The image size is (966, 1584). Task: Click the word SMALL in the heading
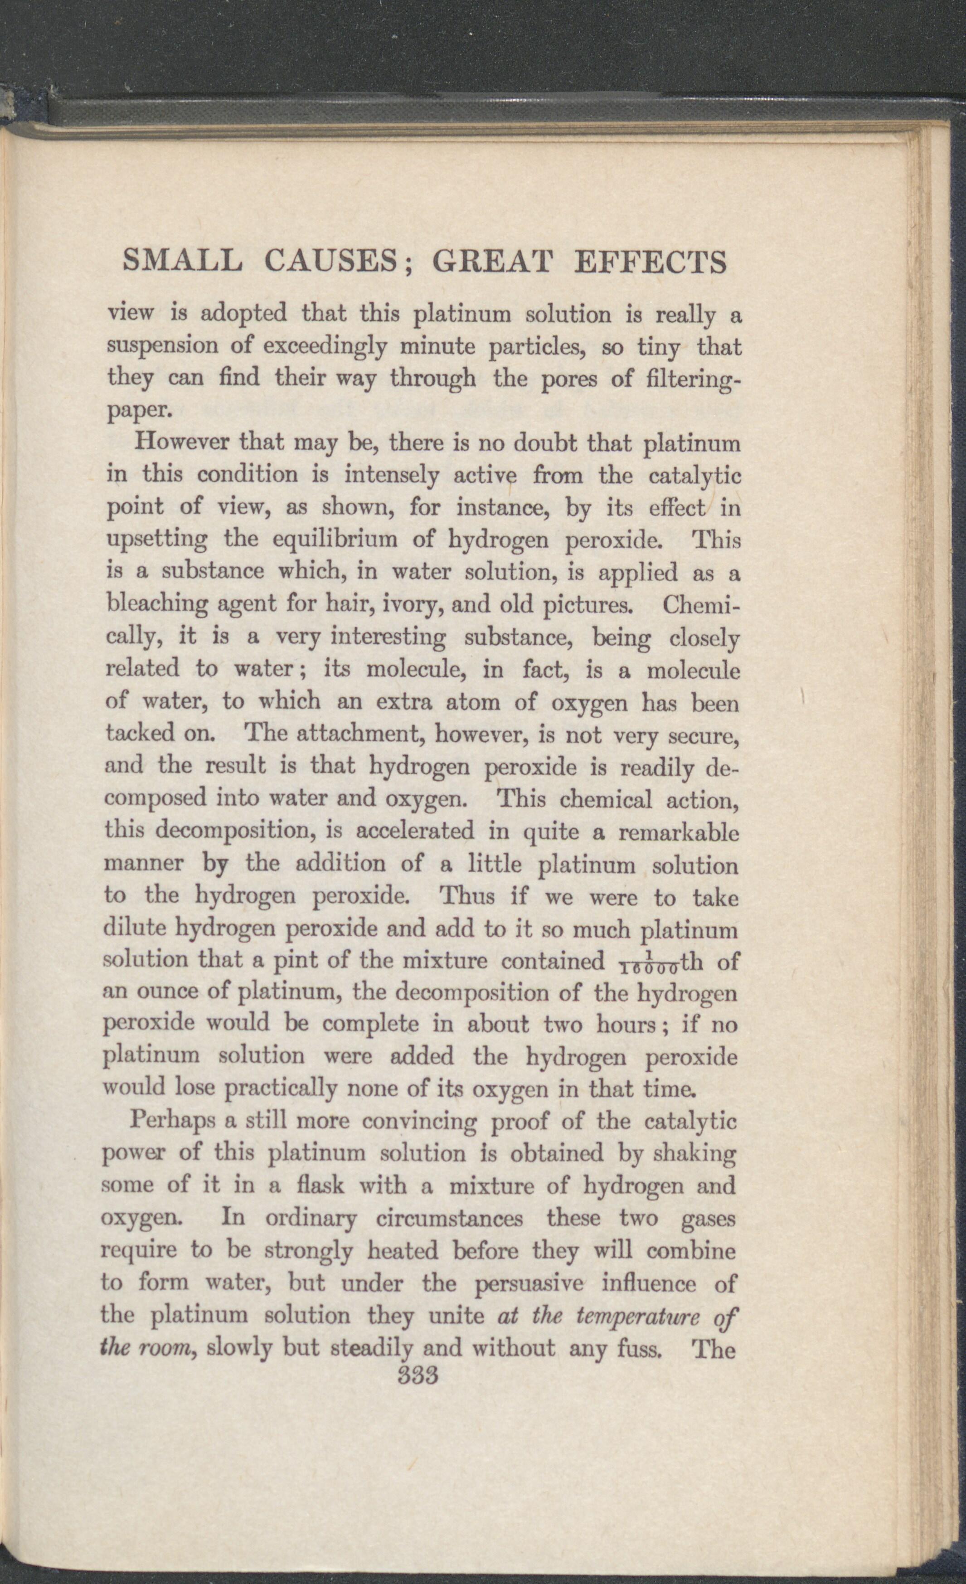pos(182,262)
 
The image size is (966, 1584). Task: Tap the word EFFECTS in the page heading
pos(650,262)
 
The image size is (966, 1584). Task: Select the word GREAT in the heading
pos(492,262)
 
